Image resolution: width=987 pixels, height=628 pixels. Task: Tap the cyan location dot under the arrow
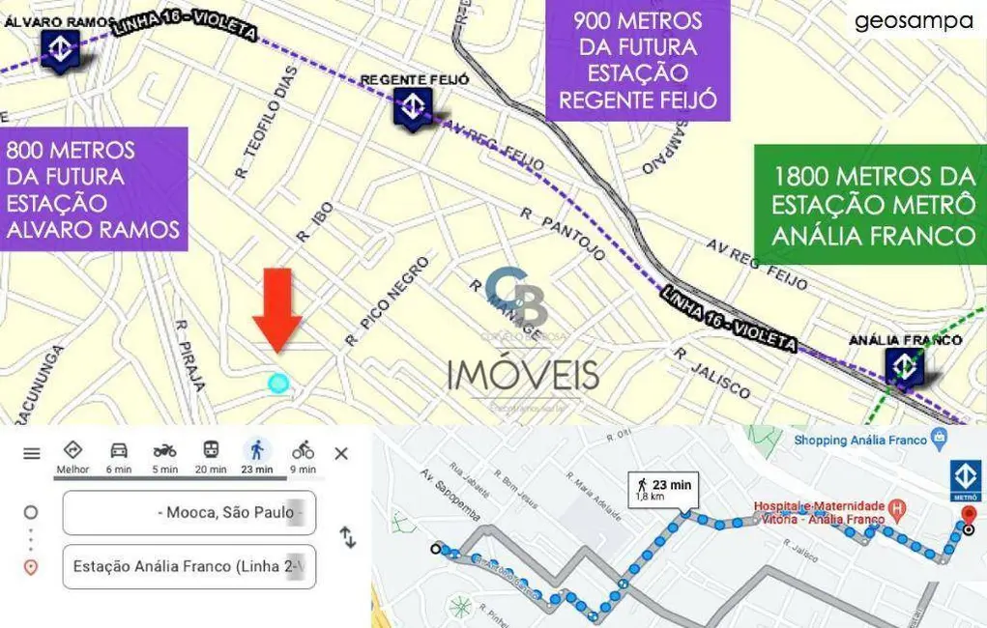tap(278, 384)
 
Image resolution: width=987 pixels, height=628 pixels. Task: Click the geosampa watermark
tap(914, 21)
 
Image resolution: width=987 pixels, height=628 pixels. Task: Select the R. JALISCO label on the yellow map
tap(712, 374)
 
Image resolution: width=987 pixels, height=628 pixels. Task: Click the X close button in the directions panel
tap(341, 453)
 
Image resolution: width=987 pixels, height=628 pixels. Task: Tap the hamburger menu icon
tap(32, 453)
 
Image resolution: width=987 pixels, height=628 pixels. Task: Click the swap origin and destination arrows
tap(348, 538)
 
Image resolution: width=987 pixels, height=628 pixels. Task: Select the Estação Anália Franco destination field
tap(189, 566)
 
